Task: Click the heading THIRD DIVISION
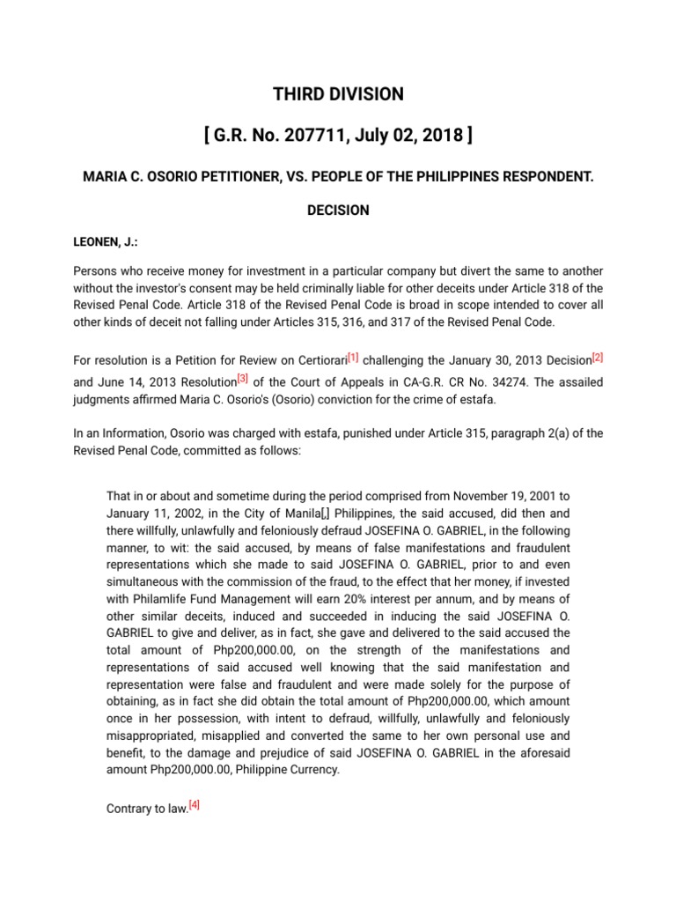(337, 94)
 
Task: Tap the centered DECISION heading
(337, 211)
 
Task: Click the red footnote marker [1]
(353, 357)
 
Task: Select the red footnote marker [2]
(598, 357)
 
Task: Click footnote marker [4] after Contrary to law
(195, 803)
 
